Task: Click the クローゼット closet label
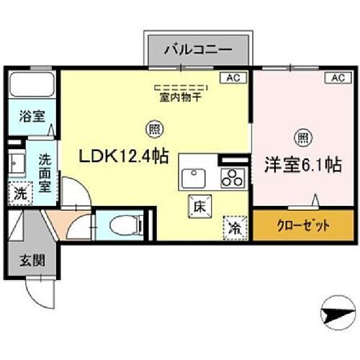(x=302, y=225)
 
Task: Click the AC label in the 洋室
(x=336, y=76)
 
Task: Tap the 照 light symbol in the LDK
(x=155, y=130)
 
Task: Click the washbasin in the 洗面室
(x=16, y=163)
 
